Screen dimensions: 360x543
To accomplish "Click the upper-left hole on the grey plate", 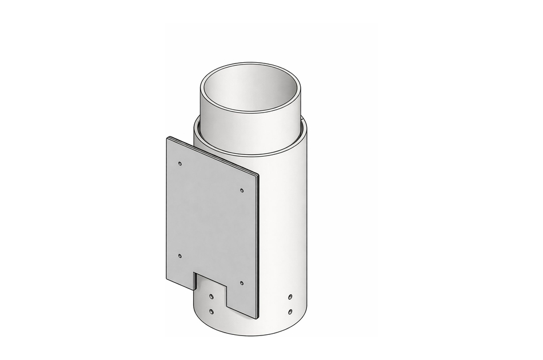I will coord(180,163).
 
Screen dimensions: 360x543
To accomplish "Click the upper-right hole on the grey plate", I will coord(242,190).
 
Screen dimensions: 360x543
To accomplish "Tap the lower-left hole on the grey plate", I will coord(180,256).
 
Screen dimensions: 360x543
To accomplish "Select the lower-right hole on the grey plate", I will coord(242,283).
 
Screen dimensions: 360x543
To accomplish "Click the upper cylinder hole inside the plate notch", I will coord(212,297).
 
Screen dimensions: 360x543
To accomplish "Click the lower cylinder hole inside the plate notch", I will coord(212,311).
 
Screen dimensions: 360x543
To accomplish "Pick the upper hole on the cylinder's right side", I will coord(290,297).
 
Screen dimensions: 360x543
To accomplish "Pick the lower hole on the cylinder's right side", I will coord(290,311).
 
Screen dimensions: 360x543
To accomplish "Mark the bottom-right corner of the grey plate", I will coord(257,317).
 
